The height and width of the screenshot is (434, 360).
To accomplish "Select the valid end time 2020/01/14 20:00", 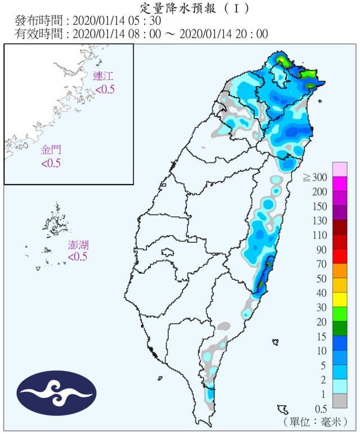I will click(x=223, y=34).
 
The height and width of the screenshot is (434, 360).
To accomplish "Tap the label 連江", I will click(x=104, y=77).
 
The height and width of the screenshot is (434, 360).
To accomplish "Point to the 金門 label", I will click(x=51, y=150).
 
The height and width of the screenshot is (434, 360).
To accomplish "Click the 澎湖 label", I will click(x=78, y=245).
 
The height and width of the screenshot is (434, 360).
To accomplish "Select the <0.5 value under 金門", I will click(x=51, y=163).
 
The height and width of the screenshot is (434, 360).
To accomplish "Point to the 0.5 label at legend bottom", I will click(x=320, y=408).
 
